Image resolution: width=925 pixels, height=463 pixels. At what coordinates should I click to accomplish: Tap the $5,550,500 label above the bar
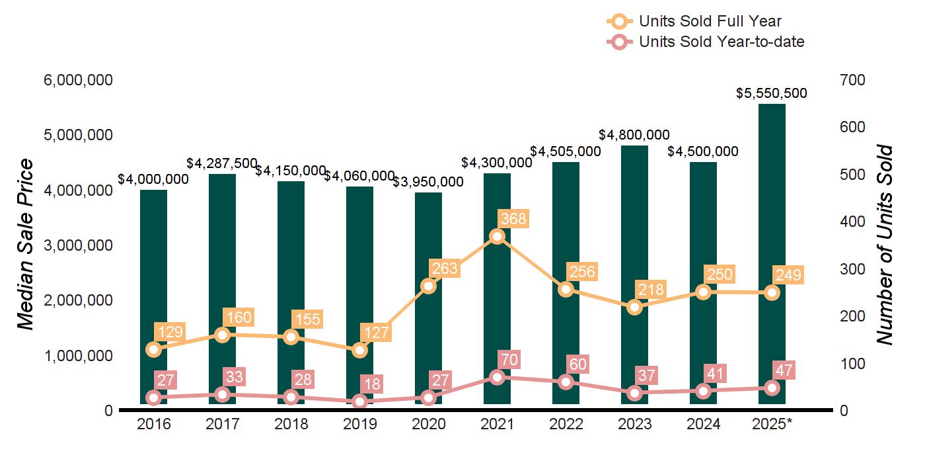coord(772,93)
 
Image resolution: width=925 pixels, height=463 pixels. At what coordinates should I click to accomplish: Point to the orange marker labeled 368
coord(498,237)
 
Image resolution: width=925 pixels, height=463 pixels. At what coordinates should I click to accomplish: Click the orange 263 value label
coord(443,269)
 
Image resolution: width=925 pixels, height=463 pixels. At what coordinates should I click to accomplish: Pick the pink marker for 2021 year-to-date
coord(498,377)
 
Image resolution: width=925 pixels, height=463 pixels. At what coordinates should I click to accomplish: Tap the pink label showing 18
coord(375,384)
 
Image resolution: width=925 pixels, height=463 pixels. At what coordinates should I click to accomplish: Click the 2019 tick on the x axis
coord(359,424)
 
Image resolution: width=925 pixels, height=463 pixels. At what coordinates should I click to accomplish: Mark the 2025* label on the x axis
coord(772,424)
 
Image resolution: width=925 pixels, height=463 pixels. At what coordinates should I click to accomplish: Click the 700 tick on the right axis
coord(852,80)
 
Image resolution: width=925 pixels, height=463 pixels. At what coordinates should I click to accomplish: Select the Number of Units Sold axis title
coord(885,245)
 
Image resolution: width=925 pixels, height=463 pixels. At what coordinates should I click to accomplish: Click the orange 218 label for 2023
coord(651,290)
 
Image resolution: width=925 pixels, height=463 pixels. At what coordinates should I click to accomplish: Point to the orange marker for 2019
coord(359,350)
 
